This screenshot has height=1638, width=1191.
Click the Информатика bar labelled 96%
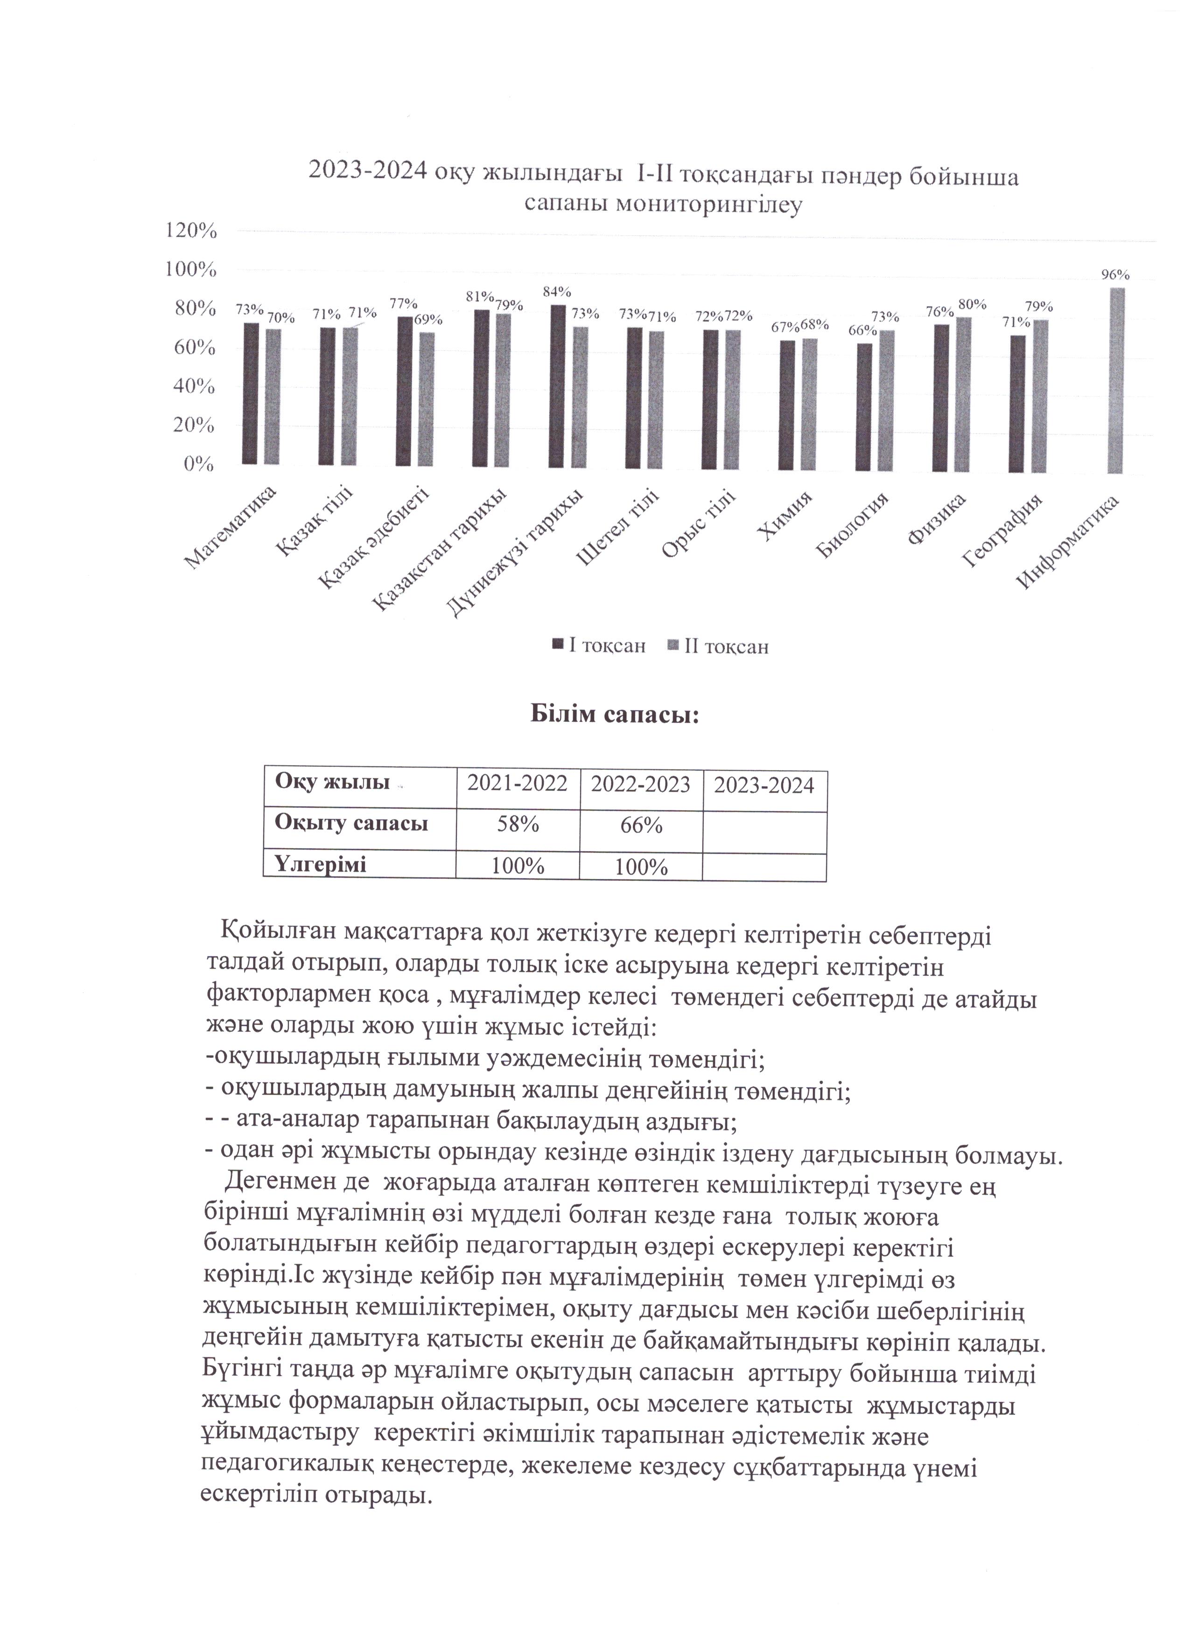click(x=1117, y=381)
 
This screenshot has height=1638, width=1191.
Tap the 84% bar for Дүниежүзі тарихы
click(x=558, y=386)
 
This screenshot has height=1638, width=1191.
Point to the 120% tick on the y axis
click(x=191, y=231)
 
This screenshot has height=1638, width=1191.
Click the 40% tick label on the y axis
click(x=194, y=386)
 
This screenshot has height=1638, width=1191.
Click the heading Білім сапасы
click(x=615, y=715)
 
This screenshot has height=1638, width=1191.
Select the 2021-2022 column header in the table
click(x=517, y=784)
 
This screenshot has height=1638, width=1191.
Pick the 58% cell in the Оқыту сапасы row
click(x=517, y=825)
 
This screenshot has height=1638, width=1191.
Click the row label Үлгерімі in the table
click(x=321, y=864)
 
